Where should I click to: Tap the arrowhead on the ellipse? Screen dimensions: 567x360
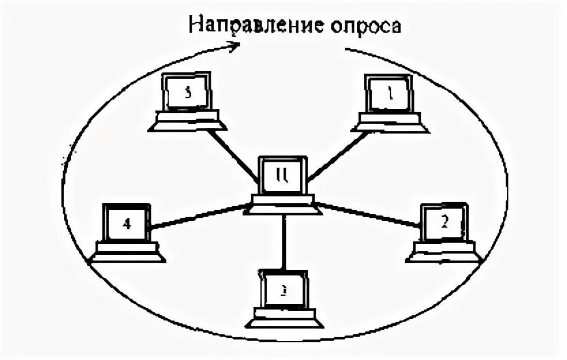pyautogui.click(x=234, y=46)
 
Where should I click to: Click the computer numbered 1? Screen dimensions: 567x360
pyautogui.click(x=388, y=102)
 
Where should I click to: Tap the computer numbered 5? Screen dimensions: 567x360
pyautogui.click(x=187, y=102)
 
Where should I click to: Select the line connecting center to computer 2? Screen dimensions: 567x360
pyautogui.click(x=368, y=215)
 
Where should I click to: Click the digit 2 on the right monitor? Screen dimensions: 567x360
pyautogui.click(x=445, y=221)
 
